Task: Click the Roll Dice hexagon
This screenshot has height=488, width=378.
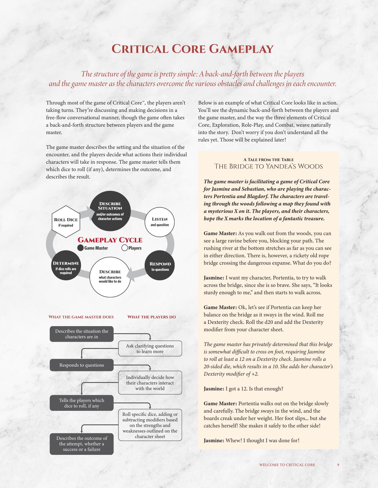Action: click(66, 222)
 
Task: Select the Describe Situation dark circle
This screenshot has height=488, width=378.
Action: click(110, 211)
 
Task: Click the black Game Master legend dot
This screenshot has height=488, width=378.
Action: click(80, 248)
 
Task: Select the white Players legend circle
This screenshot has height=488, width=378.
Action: click(125, 248)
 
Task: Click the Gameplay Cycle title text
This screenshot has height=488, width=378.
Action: click(110, 240)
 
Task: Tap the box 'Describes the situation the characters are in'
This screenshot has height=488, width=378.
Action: click(82, 334)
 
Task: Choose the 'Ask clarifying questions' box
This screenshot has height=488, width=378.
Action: click(150, 349)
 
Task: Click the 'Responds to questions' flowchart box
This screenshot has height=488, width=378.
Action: click(82, 365)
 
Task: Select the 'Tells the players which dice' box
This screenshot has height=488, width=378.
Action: click(82, 403)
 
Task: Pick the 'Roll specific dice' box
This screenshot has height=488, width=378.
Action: click(150, 425)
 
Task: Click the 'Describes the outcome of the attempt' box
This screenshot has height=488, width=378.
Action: click(82, 444)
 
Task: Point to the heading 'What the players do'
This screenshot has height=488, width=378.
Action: click(151, 317)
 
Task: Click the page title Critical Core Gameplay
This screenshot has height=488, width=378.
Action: click(192, 49)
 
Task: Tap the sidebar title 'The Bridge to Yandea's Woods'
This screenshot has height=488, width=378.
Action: click(268, 166)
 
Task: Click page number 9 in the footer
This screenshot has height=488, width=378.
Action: click(338, 465)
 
